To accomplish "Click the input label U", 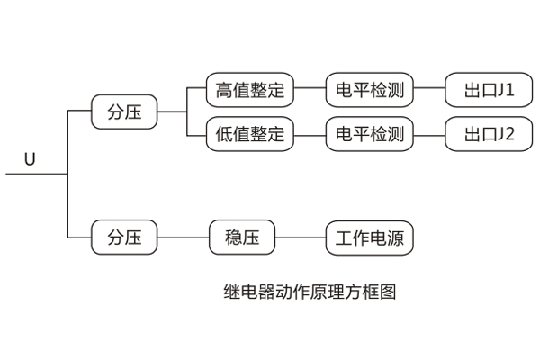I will pyautogui.click(x=30, y=159).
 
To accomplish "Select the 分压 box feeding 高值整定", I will pyautogui.click(x=124, y=112).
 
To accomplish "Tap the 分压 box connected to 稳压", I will pyautogui.click(x=124, y=238).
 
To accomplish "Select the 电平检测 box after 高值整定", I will pyautogui.click(x=369, y=90).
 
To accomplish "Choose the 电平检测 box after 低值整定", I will pyautogui.click(x=369, y=136).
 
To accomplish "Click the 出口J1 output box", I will pyautogui.click(x=490, y=90).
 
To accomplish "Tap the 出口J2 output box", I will pyautogui.click(x=490, y=136).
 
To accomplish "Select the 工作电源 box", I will pyautogui.click(x=369, y=238).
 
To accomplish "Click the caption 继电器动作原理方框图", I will pyautogui.click(x=310, y=292).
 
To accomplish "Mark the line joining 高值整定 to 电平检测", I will pyautogui.click(x=310, y=90).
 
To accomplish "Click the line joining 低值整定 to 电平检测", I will pyautogui.click(x=310, y=136).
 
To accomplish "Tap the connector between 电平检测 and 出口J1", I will pyautogui.click(x=429, y=90).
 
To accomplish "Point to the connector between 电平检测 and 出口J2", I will pyautogui.click(x=429, y=136).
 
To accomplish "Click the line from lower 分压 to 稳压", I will pyautogui.click(x=184, y=238).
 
